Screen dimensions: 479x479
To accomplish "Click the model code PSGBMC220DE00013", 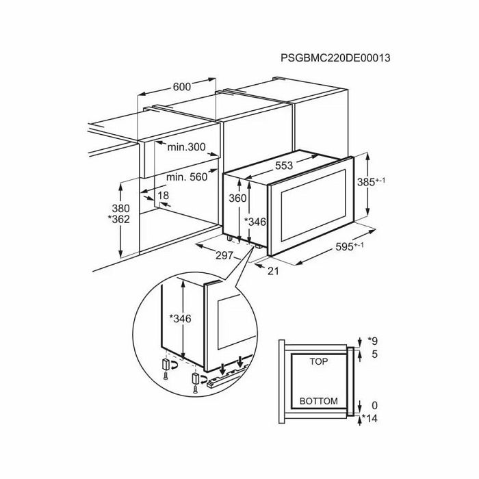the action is [x=335, y=57].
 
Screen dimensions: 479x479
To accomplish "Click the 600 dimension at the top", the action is [x=182, y=87].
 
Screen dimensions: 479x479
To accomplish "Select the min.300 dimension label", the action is [x=186, y=147].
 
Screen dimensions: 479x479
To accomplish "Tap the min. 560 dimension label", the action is [x=187, y=177].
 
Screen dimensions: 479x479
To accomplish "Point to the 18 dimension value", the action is [x=164, y=195].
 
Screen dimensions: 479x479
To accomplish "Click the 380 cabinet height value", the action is [x=120, y=209].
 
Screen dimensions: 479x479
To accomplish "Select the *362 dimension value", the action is [x=119, y=220].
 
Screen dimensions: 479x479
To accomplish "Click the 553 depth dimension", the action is [x=284, y=166].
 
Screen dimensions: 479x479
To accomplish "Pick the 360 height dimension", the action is [x=237, y=198].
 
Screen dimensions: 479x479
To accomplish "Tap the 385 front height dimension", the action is [x=371, y=182].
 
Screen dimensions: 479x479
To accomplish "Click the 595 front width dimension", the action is [x=350, y=246].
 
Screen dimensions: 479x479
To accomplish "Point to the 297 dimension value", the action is [x=224, y=255].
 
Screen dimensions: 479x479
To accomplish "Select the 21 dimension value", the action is [x=273, y=271].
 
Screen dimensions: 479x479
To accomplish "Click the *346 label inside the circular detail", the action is [x=180, y=319].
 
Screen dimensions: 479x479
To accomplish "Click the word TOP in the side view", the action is [x=319, y=362].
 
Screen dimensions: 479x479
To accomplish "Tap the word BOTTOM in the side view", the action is [x=319, y=401].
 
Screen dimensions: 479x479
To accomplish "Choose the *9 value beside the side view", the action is [x=373, y=340].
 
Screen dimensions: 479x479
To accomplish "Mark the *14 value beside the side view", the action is [x=370, y=418].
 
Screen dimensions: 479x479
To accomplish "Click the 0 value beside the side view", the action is [x=374, y=405].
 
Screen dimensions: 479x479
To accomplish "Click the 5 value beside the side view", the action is [x=374, y=354].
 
